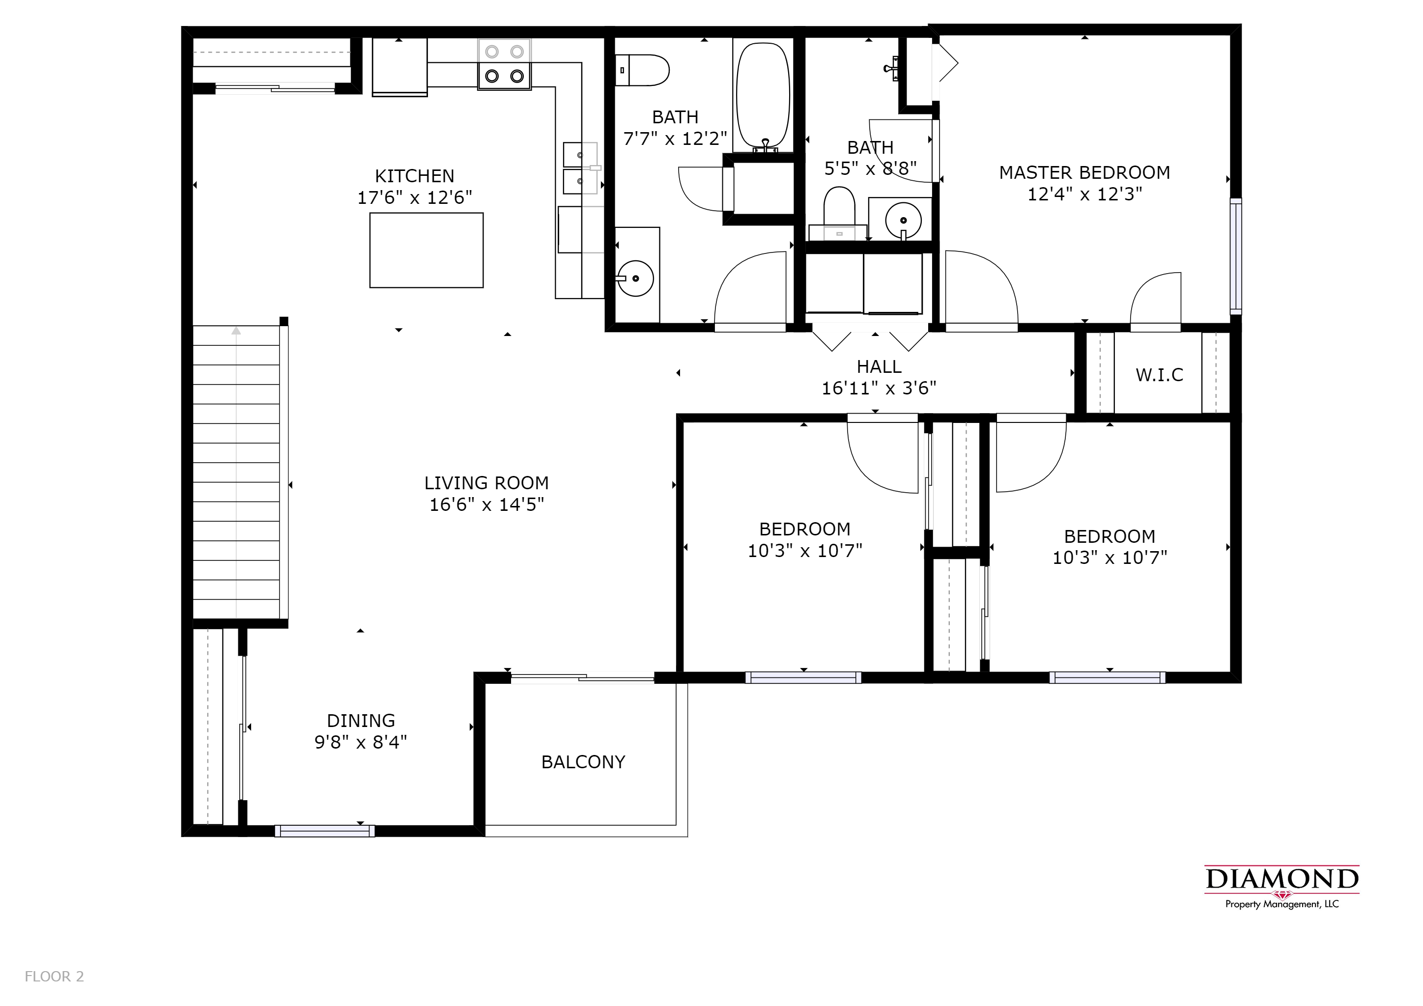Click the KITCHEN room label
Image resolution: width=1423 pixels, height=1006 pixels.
tap(415, 176)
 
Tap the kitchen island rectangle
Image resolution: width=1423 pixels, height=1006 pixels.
tap(427, 250)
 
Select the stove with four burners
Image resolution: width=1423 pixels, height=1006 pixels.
tap(505, 64)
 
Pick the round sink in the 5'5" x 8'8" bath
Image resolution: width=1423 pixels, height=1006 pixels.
tap(903, 220)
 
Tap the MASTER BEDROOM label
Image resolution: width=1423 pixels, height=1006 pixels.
tap(1084, 173)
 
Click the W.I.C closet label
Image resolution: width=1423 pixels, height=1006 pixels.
tap(1160, 375)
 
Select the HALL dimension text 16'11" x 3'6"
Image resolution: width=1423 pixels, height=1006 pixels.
tap(879, 389)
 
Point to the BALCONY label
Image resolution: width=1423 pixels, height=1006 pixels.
tap(583, 762)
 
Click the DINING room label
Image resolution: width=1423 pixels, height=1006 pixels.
tap(361, 721)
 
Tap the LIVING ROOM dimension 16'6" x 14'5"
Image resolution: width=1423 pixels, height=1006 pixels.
tap(486, 505)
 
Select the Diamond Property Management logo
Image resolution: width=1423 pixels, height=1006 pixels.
tap(1281, 887)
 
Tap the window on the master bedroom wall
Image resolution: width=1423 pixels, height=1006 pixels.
tap(1236, 256)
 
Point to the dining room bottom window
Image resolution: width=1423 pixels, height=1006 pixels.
tap(325, 831)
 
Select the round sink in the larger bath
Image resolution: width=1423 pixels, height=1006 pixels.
tap(635, 279)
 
